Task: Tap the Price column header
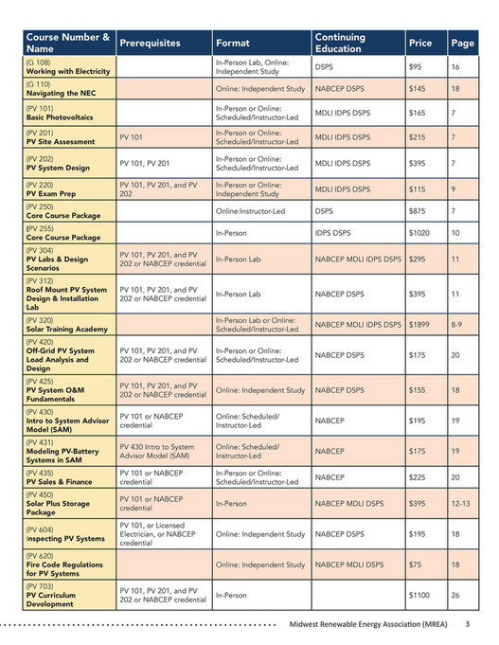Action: coord(419,44)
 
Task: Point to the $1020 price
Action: coord(421,232)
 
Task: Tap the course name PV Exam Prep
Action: coord(53,192)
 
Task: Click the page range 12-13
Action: coord(461,503)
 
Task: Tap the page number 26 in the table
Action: coord(456,596)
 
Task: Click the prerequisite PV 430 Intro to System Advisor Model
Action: coord(157,452)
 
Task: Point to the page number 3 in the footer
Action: coord(467,625)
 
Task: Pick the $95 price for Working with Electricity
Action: coord(416,67)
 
